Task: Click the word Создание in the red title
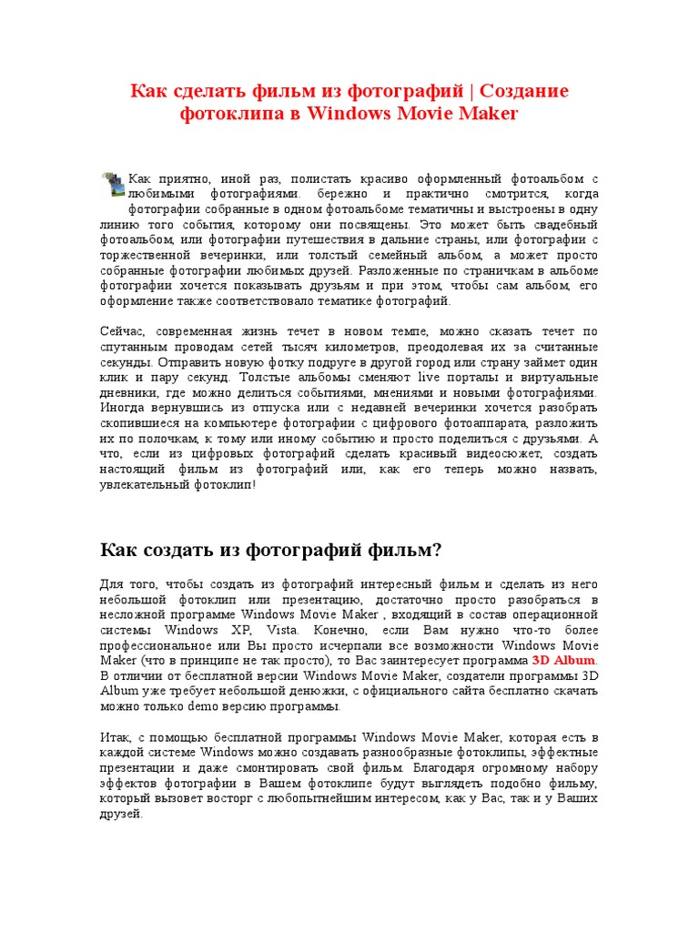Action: tap(523, 91)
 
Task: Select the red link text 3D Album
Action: tap(564, 660)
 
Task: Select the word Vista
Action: tap(273, 631)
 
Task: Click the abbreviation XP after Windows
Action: tap(236, 631)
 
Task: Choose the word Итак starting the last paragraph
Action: tap(114, 737)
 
